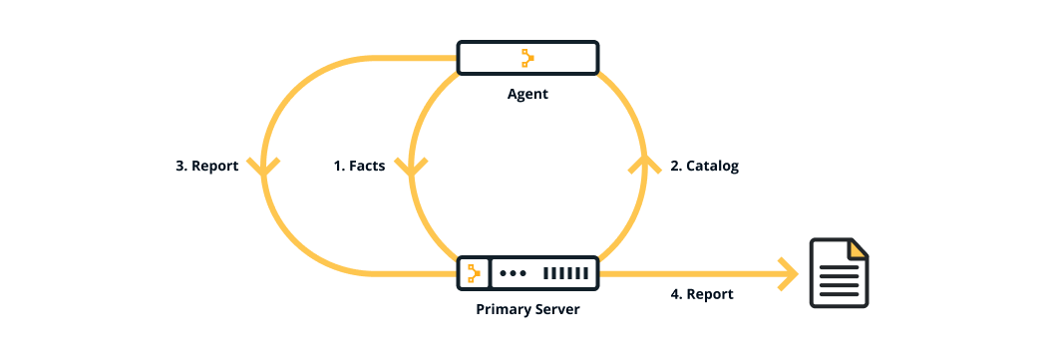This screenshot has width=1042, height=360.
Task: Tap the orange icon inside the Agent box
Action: click(x=527, y=59)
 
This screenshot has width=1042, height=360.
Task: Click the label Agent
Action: click(x=527, y=95)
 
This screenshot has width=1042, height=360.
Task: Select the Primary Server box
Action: click(x=527, y=272)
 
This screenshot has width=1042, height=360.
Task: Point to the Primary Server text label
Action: click(x=527, y=309)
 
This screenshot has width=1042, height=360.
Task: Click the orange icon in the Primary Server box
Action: click(x=474, y=272)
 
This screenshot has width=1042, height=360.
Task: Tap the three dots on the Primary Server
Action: click(x=513, y=272)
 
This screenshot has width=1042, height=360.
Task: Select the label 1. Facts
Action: click(x=359, y=167)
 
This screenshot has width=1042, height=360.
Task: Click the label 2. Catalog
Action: click(x=704, y=167)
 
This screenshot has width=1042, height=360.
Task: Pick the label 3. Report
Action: click(x=206, y=167)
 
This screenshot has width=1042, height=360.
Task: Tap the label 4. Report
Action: click(x=701, y=294)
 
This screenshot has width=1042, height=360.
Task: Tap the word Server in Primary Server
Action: click(x=555, y=309)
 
